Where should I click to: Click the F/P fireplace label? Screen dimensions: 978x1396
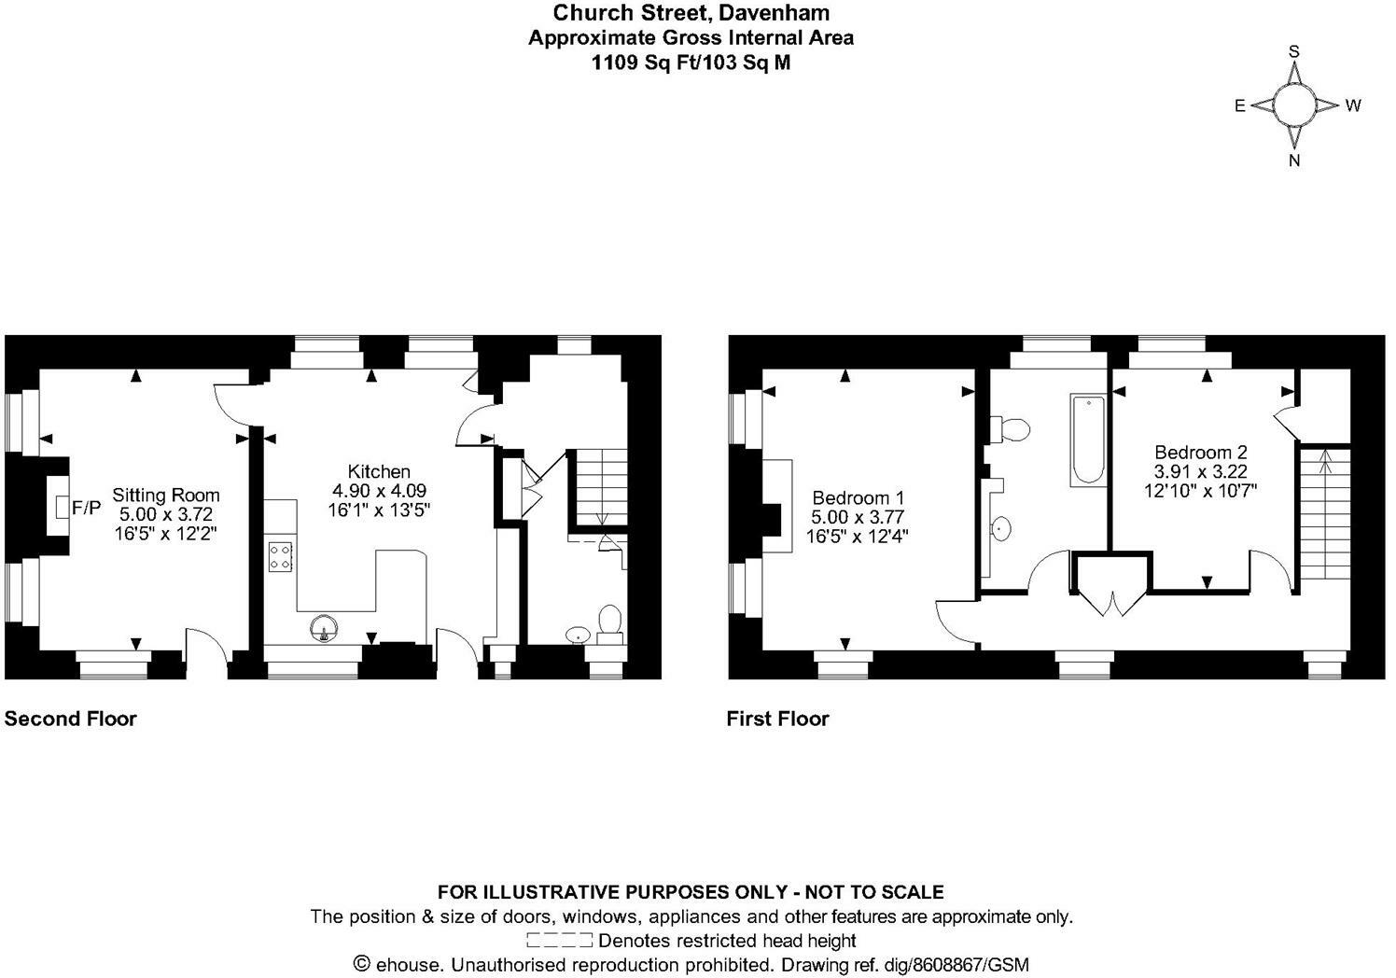86,508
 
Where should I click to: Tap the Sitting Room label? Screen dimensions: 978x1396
166,496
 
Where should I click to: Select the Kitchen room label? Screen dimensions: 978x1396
379,471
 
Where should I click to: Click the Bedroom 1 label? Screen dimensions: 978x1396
858,498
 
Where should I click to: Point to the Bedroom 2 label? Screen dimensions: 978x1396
1200,453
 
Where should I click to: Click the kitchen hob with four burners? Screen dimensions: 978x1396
280,557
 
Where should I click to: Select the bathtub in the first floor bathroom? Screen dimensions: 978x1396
1088,439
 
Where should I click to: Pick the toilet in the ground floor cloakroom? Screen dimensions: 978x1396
610,622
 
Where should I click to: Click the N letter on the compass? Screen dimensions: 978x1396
1294,161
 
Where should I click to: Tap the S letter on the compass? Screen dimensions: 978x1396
1294,52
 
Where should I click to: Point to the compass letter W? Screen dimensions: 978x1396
1353,105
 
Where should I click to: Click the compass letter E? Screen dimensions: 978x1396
1240,105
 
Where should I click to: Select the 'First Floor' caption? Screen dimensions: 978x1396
777,719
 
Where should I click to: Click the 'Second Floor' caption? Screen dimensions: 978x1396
71,719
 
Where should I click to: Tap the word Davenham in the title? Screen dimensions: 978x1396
781,13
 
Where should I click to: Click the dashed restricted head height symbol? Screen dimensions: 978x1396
559,940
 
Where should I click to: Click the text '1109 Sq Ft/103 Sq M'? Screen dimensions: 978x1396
691,63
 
